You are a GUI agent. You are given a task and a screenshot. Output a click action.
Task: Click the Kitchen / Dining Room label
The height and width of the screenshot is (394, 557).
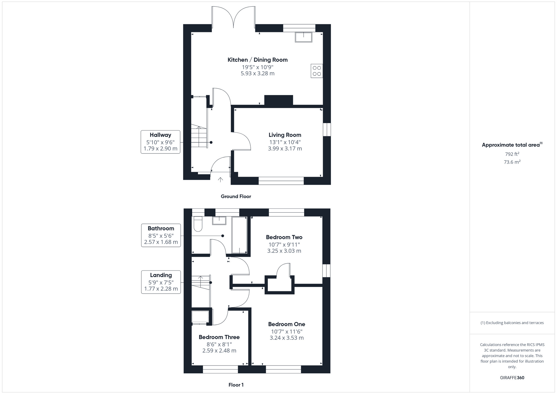point(257,60)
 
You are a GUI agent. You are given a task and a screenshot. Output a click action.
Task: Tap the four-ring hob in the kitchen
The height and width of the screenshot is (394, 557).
point(317,71)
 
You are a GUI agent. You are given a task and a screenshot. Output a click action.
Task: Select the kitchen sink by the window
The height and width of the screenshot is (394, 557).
point(304,37)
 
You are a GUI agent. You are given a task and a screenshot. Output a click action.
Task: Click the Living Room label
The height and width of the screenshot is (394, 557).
point(285,135)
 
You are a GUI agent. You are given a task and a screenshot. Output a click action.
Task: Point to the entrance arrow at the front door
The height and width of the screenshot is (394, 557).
point(220,180)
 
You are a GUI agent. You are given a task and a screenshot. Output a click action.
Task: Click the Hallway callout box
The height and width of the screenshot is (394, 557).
point(160,142)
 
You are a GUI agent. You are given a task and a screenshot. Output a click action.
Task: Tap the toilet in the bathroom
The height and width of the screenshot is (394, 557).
point(198,224)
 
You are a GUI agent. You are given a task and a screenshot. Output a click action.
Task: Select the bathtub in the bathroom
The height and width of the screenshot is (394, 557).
point(239,235)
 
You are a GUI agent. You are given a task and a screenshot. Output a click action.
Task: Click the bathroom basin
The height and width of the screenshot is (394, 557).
point(219,221)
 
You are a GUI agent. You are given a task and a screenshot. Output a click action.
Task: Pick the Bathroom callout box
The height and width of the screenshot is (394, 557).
point(161,235)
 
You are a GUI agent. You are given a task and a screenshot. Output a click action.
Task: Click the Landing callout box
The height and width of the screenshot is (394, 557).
point(161,282)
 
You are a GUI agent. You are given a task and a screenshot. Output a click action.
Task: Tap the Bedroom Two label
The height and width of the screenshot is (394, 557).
point(284,237)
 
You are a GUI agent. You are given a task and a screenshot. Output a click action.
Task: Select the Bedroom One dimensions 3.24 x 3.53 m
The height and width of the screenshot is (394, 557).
point(287,338)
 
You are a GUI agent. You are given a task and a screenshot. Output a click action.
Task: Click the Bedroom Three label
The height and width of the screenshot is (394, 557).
point(219,337)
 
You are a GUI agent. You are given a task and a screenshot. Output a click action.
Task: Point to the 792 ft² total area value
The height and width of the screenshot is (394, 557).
point(512,154)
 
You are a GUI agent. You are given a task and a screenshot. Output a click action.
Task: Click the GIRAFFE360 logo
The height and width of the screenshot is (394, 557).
point(512,378)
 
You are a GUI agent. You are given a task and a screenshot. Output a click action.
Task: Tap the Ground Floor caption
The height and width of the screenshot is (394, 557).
point(236,196)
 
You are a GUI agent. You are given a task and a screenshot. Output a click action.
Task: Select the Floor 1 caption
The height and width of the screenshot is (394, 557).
point(236,385)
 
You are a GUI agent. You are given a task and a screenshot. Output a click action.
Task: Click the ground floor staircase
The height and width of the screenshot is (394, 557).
point(199,137)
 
